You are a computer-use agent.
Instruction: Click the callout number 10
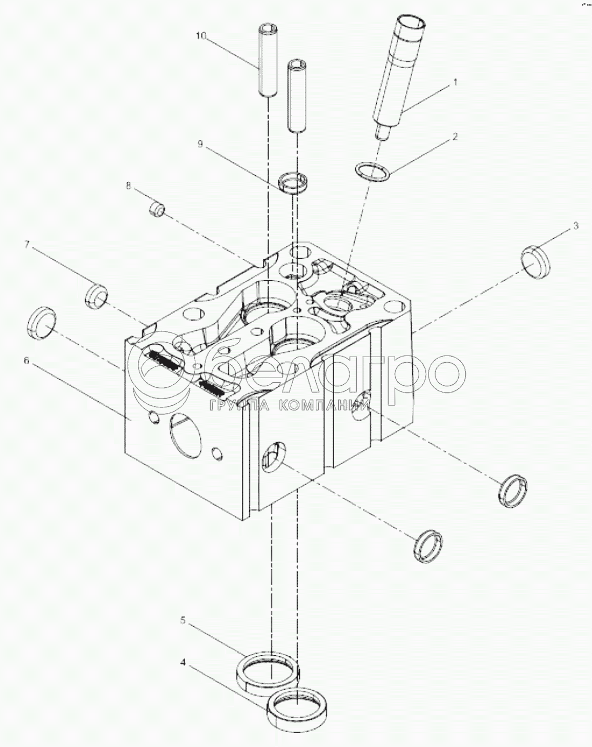click(x=201, y=36)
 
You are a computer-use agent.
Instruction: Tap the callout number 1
click(x=455, y=81)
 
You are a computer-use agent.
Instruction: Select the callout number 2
click(x=455, y=137)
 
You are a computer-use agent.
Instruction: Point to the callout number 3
click(x=576, y=225)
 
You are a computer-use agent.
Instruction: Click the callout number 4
click(x=182, y=662)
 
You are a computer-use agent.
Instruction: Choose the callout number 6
click(x=26, y=360)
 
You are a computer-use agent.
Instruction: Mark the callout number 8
click(x=129, y=185)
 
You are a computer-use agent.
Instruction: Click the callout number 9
click(x=201, y=144)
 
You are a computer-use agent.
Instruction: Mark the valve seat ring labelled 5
click(x=267, y=673)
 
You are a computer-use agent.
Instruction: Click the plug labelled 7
click(x=96, y=297)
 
